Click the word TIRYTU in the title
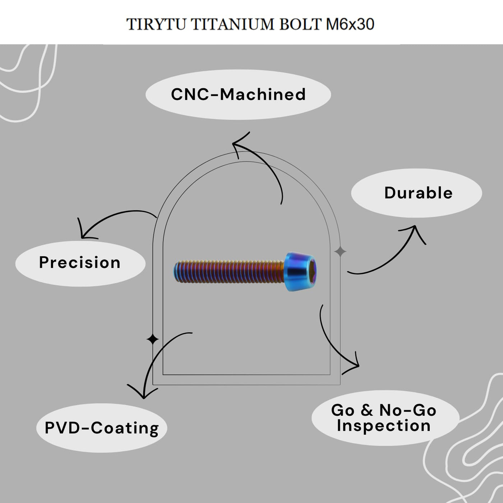[156, 24]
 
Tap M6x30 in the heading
[350, 24]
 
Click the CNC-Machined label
[238, 94]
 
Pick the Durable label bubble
[416, 193]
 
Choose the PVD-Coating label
[102, 428]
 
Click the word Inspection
[383, 426]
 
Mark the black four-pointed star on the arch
[153, 340]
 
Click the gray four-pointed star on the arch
[340, 251]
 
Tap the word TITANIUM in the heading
[232, 24]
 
